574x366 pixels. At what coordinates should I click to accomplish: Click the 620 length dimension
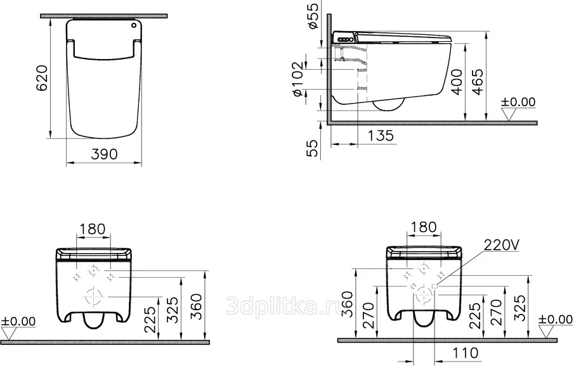42,79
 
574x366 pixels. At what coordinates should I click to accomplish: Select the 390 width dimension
104,154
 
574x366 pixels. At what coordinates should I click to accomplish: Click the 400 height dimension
457,81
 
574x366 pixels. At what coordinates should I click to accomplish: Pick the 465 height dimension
478,81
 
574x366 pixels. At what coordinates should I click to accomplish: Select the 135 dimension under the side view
381,136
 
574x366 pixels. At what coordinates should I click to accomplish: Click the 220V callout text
501,245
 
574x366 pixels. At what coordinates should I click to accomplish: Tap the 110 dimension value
466,353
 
